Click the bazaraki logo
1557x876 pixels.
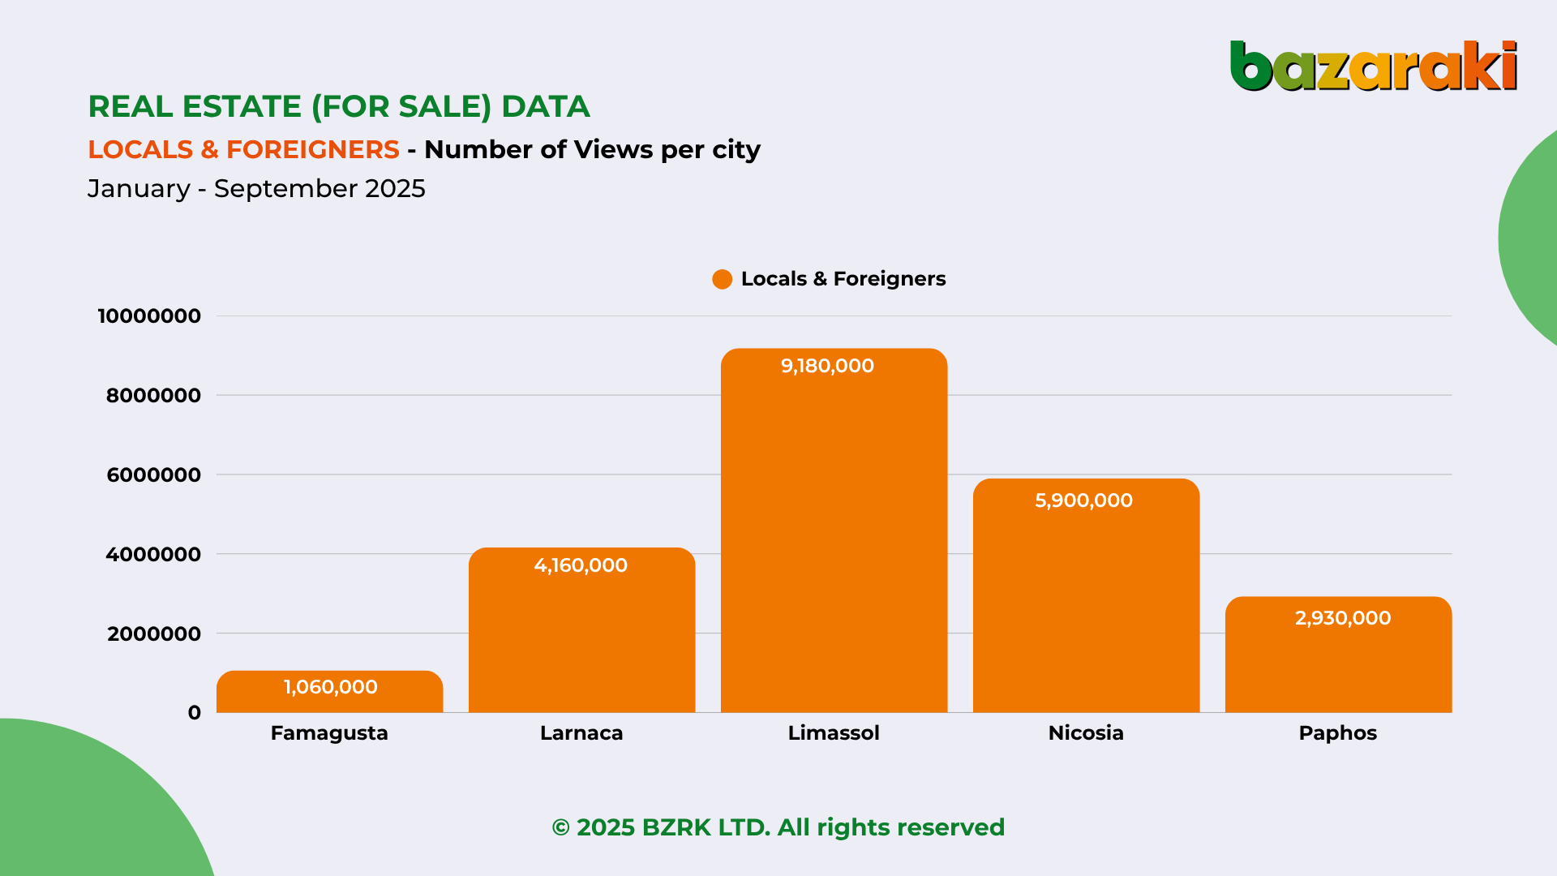[x=1373, y=66]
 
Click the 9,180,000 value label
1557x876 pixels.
[x=827, y=366]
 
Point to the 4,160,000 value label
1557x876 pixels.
[x=581, y=565]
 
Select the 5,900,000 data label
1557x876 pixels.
[x=1083, y=500]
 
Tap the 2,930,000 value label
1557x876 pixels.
[x=1343, y=618]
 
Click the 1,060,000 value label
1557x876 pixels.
[x=330, y=687]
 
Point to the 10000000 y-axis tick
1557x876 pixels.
[x=149, y=316]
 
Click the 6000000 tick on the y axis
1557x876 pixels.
[x=153, y=475]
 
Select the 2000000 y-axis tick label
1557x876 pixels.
[x=153, y=634]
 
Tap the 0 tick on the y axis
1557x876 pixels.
[x=195, y=713]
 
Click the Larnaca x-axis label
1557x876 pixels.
[x=581, y=733]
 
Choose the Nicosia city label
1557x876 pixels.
[x=1086, y=733]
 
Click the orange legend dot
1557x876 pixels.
[x=722, y=279]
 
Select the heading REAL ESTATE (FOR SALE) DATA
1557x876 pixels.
[x=339, y=106]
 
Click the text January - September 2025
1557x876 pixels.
[x=256, y=188]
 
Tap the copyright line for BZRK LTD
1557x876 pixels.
[x=778, y=827]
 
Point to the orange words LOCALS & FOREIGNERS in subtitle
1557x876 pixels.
[x=243, y=149]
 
